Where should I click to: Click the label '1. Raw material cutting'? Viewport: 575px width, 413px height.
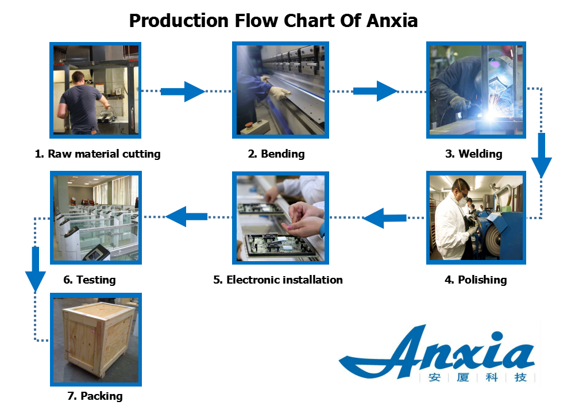point(98,154)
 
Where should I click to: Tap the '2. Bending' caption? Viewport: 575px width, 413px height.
point(276,154)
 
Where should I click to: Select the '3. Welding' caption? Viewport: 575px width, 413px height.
point(474,154)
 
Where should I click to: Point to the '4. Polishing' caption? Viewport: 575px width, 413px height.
point(476,280)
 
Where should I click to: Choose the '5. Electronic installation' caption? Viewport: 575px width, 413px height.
point(277,280)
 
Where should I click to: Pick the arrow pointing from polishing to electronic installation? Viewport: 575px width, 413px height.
point(385,218)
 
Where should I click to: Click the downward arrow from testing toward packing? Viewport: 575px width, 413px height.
point(35,269)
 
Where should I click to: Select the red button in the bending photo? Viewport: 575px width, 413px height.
point(249,124)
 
